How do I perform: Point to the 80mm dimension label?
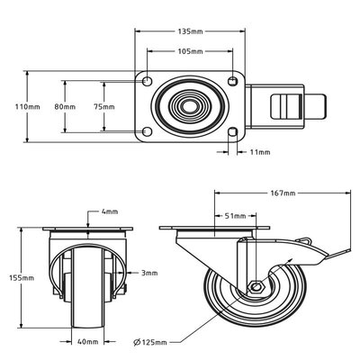(x=64, y=106)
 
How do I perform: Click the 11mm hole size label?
(x=260, y=152)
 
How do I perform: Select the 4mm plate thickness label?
(x=110, y=211)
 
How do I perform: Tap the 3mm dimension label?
(x=148, y=273)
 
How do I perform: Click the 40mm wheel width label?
(x=87, y=342)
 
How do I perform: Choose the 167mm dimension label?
(x=283, y=193)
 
